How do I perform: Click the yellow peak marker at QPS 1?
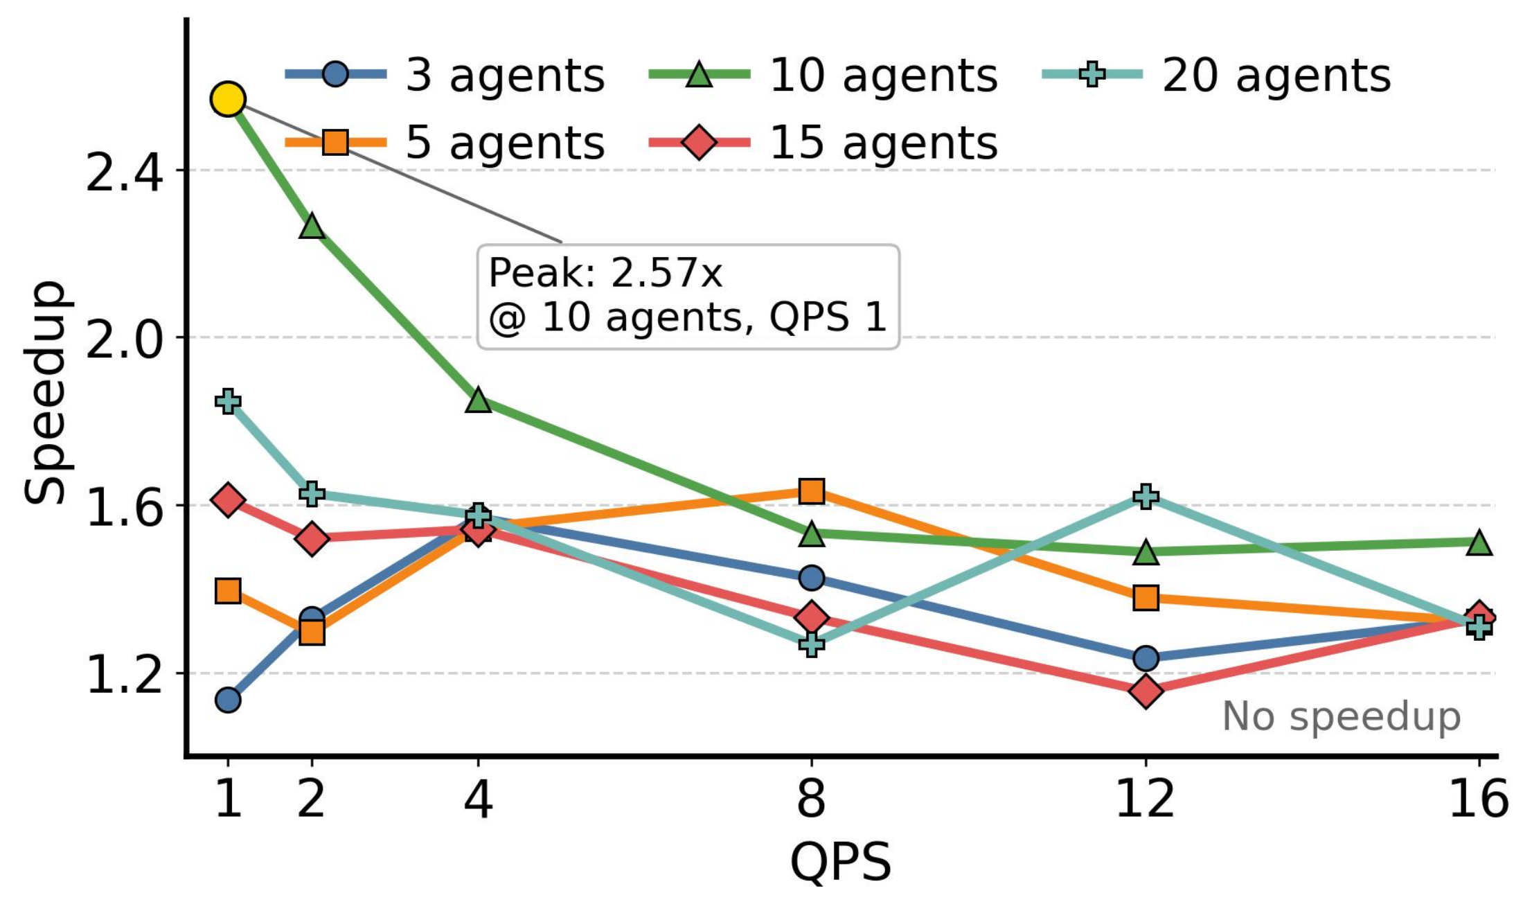tap(228, 99)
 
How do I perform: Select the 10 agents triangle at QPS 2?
tap(312, 227)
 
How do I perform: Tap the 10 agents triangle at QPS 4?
tap(478, 400)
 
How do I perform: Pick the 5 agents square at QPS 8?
tap(811, 490)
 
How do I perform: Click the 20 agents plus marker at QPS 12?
tap(1146, 496)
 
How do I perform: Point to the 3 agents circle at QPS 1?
tap(228, 700)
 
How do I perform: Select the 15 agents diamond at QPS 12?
tap(1146, 691)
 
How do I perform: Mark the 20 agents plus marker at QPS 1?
tap(228, 401)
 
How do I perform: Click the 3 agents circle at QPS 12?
tap(1146, 657)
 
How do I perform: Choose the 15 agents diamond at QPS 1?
tap(228, 499)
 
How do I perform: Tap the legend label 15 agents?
tap(882, 143)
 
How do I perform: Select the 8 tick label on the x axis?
tap(811, 798)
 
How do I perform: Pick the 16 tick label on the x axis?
tap(1478, 798)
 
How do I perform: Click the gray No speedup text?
tap(1341, 716)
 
